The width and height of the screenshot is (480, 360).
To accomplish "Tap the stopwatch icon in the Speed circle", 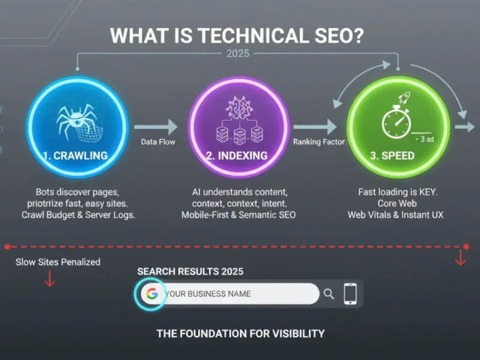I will (x=395, y=122).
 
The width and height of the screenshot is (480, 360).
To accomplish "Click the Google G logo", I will (x=151, y=294).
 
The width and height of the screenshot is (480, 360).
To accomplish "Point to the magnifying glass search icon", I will (x=329, y=294).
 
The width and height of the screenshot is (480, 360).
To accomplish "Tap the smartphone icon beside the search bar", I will (x=350, y=294).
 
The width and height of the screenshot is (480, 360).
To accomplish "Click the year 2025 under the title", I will (x=238, y=53).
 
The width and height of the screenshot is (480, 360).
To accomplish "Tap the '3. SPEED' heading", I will (x=392, y=155).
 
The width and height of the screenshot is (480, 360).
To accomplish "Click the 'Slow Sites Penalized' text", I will (x=58, y=262).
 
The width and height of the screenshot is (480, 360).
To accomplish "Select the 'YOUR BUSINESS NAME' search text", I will (x=208, y=294).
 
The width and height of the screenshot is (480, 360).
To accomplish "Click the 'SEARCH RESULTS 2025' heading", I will (x=190, y=272).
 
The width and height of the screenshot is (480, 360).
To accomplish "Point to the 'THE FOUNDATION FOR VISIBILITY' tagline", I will (x=240, y=334).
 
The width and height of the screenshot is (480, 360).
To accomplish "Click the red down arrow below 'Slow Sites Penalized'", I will (x=50, y=279).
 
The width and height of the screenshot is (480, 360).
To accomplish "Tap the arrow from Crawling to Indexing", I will (x=156, y=127).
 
